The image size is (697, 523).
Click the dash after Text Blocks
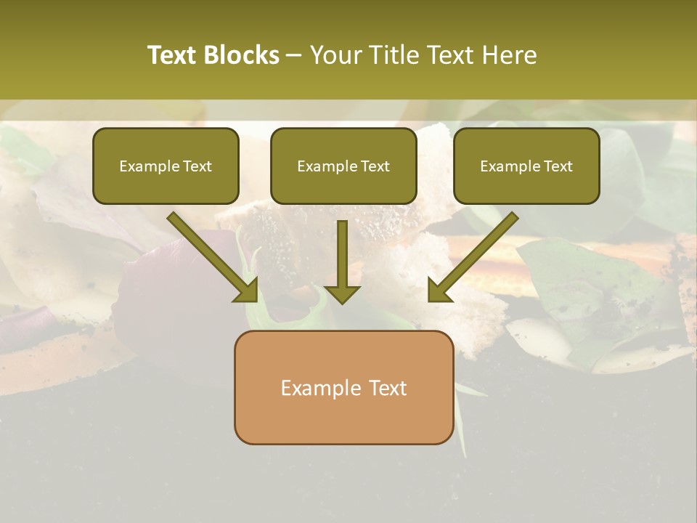tap(294, 56)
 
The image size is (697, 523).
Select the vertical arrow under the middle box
tap(342, 254)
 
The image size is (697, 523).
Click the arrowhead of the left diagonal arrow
tap(247, 291)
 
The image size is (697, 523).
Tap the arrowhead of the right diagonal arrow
tap(439, 291)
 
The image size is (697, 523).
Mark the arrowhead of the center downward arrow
tap(342, 293)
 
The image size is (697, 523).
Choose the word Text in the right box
tap(558, 166)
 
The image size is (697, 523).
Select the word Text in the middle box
tap(375, 166)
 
